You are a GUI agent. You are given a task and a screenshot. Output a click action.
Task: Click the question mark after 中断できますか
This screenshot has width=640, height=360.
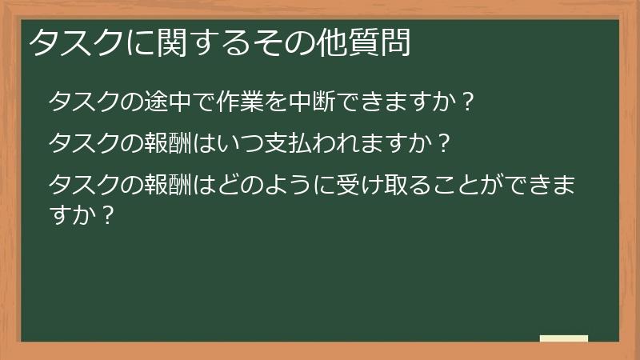tap(470, 102)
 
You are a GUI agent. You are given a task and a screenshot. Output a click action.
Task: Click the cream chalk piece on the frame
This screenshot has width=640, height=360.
tap(564, 339)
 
